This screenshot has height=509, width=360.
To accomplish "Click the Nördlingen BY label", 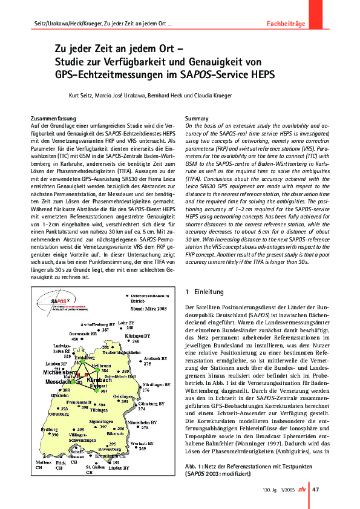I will [x=157, y=386].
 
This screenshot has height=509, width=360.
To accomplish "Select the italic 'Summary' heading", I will [x=197, y=118].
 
